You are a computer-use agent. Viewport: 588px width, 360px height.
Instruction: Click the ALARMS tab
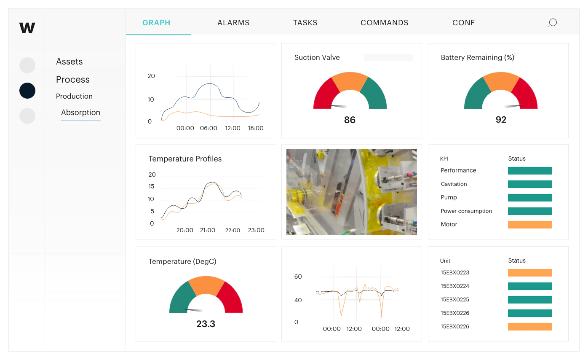tap(233, 23)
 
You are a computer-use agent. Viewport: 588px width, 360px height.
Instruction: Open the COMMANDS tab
tap(384, 23)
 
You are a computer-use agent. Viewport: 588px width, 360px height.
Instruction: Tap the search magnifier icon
tap(552, 23)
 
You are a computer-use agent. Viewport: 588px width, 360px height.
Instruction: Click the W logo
tap(27, 27)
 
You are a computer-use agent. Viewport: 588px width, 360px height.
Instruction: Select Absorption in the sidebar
tap(80, 113)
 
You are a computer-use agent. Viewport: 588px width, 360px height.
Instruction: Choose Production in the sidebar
tap(74, 96)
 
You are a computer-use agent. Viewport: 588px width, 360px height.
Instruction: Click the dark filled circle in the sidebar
tap(27, 91)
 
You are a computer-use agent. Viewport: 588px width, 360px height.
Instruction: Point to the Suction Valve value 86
tap(350, 120)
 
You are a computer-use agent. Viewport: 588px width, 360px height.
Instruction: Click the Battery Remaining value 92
tap(501, 120)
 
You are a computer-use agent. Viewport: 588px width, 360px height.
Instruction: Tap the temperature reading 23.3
tap(206, 324)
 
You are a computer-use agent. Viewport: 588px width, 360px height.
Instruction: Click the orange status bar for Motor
tap(530, 224)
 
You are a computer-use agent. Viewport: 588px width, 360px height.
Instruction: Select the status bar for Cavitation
tap(530, 184)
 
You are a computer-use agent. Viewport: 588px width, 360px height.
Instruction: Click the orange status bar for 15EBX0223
tap(530, 272)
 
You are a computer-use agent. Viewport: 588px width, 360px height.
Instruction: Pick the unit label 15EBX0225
tap(454, 300)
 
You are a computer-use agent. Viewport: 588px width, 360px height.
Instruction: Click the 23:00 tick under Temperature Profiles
tap(256, 230)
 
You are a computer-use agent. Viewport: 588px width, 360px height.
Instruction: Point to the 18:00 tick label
tap(255, 128)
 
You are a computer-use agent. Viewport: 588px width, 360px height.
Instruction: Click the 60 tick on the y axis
tap(298, 277)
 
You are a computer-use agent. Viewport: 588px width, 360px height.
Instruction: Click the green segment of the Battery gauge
tap(476, 94)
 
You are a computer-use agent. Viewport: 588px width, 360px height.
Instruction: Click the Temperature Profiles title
tap(185, 159)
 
